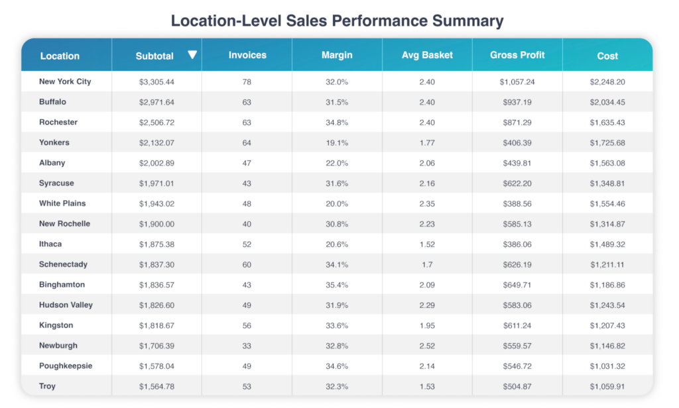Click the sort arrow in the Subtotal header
point(192,55)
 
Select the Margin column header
point(337,56)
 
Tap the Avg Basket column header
point(427,55)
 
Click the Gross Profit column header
point(517,55)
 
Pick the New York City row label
point(65,81)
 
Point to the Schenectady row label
point(63,264)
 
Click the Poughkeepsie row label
point(66,366)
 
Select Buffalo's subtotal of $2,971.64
point(156,102)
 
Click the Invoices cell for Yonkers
point(247,142)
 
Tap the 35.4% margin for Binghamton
point(337,285)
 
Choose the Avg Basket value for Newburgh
point(427,346)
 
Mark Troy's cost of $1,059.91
point(607,386)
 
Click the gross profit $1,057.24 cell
point(517,81)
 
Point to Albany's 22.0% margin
point(337,163)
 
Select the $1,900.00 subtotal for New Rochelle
point(156,224)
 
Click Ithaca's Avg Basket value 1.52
point(427,244)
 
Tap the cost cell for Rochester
point(607,123)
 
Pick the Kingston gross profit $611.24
point(517,325)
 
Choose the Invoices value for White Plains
point(247,203)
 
